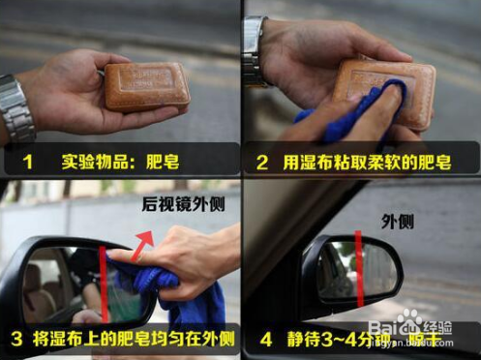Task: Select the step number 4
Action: [262, 341]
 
